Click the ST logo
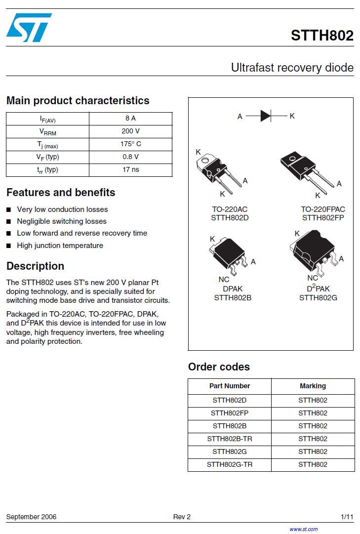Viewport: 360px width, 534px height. [x=29, y=27]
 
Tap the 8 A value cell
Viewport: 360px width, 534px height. [x=130, y=119]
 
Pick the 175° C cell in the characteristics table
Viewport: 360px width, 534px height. [x=130, y=144]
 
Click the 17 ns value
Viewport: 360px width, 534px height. [x=130, y=170]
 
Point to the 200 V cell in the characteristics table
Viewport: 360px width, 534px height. [x=130, y=131]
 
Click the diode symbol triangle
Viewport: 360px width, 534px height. [x=266, y=116]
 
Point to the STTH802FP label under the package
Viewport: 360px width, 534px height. [x=323, y=218]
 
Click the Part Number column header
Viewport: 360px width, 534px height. [x=230, y=386]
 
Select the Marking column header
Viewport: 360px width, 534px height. [x=313, y=386]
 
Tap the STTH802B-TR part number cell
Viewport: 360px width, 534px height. [x=230, y=439]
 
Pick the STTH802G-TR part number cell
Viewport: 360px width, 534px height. [x=230, y=464]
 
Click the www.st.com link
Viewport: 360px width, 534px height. [x=303, y=529]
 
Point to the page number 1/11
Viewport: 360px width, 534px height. [x=347, y=517]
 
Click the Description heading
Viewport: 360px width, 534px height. [x=36, y=266]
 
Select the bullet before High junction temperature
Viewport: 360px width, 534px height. [x=9, y=246]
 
